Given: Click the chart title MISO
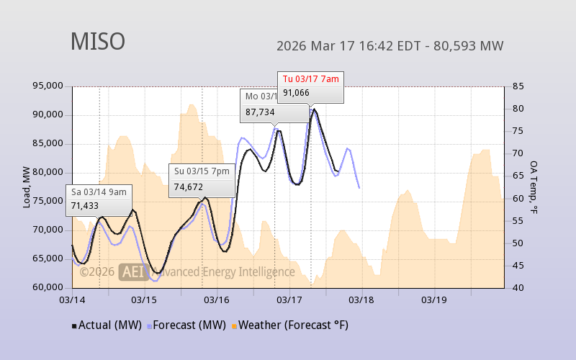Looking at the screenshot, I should [x=98, y=42].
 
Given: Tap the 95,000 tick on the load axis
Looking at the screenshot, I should [x=48, y=86].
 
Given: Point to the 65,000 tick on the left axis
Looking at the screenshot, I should [x=48, y=258].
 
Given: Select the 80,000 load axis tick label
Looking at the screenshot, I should [x=48, y=172].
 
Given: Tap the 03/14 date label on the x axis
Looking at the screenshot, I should [x=72, y=300].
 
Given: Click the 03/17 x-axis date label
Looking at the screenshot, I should [x=289, y=300].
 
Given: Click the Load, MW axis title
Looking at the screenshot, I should [x=27, y=187].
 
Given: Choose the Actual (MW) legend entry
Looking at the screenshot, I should [x=109, y=325].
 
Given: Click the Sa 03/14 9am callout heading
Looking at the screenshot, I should [x=99, y=192].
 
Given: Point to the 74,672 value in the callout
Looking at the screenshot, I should [x=189, y=186].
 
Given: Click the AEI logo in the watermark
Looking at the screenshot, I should [x=133, y=271].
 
